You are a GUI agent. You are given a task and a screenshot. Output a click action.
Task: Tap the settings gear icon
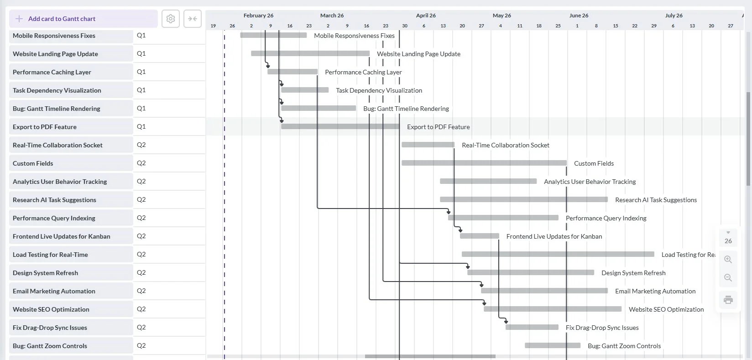pyautogui.click(x=171, y=19)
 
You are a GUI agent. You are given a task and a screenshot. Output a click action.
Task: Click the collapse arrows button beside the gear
pyautogui.click(x=193, y=19)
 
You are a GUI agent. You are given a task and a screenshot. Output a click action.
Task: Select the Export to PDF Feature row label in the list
pyautogui.click(x=45, y=127)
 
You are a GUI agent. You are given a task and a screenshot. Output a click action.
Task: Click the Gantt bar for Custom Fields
pyautogui.click(x=484, y=163)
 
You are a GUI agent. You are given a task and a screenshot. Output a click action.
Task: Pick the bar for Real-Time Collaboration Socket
pyautogui.click(x=428, y=145)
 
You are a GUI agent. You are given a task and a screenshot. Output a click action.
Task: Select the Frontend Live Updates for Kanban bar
pyautogui.click(x=479, y=236)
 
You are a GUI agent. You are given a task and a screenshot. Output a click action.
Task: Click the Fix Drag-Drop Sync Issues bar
pyautogui.click(x=532, y=327)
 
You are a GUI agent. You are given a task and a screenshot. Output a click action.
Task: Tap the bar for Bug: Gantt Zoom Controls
pyautogui.click(x=552, y=345)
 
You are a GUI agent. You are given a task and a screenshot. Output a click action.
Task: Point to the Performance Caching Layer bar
pyautogui.click(x=292, y=72)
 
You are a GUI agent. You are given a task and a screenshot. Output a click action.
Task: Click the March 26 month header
pyautogui.click(x=332, y=16)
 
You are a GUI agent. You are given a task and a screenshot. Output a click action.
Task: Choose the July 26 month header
pyautogui.click(x=674, y=16)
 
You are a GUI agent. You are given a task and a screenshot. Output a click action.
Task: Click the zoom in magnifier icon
pyautogui.click(x=728, y=260)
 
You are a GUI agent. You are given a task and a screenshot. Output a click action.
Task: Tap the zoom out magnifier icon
pyautogui.click(x=728, y=278)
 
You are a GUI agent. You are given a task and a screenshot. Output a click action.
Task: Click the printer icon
pyautogui.click(x=728, y=300)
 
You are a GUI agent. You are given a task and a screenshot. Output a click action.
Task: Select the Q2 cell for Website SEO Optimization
pyautogui.click(x=141, y=309)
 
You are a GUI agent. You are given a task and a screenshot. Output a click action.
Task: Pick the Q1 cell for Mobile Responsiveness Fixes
pyautogui.click(x=141, y=35)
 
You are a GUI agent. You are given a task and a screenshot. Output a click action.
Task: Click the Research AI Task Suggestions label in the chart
pyautogui.click(x=656, y=200)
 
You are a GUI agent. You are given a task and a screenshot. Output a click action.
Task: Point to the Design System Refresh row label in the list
pyautogui.click(x=45, y=273)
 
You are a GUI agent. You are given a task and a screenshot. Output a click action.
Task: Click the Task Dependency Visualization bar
pyautogui.click(x=305, y=90)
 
